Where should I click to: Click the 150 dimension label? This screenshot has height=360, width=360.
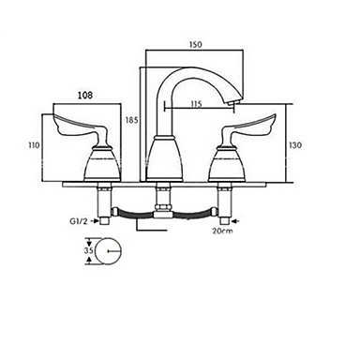pos(196,45)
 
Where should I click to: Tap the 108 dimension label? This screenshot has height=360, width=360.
pos(85,95)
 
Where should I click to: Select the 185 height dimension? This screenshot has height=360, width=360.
pos(131,120)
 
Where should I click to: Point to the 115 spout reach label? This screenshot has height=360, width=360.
pos(196,104)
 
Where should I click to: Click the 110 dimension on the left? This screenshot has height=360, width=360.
pos(34,145)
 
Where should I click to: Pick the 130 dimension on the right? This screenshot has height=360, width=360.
pos(295,145)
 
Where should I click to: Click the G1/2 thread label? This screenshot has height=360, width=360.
pos(78,221)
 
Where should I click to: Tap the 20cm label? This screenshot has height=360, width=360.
pos(222,231)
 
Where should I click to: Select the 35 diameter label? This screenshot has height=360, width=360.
pos(89,250)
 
